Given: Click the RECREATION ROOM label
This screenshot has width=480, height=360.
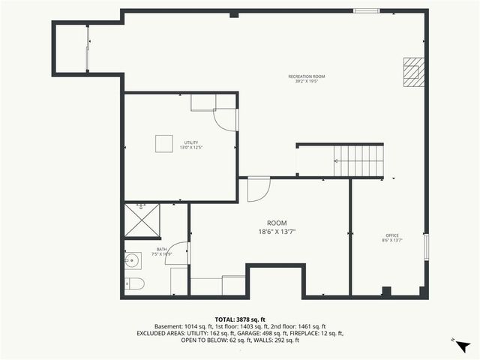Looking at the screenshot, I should [307, 76].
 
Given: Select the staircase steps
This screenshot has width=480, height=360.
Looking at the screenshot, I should [359, 160].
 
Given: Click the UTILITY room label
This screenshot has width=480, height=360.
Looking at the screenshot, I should [191, 142].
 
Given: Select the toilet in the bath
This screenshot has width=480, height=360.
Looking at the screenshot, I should [134, 283].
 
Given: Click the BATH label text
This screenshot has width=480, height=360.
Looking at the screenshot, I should [161, 250].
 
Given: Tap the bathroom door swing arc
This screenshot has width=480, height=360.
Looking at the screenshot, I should [178, 253].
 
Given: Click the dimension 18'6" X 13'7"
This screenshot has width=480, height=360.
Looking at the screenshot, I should [277, 232].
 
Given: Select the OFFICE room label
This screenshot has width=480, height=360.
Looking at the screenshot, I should [392, 235].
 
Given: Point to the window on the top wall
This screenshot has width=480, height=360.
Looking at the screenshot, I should [366, 10].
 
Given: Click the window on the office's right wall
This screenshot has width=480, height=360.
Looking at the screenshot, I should [426, 246].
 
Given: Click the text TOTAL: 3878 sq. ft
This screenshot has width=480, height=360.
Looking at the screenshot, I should [239, 319].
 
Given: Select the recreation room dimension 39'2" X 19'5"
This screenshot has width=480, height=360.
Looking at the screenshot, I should [307, 82].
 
